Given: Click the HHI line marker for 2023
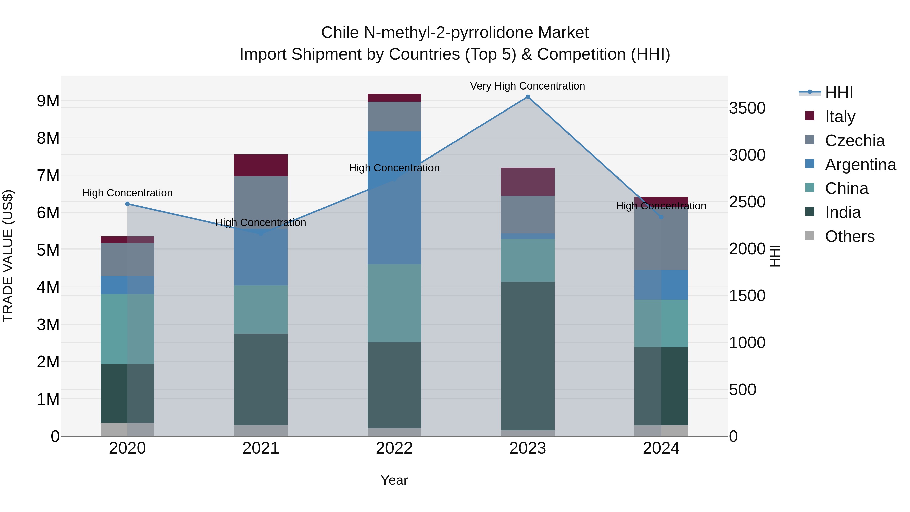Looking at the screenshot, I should click(x=527, y=97).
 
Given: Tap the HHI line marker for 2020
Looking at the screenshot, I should click(x=128, y=204).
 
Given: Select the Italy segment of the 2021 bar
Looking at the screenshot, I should click(x=261, y=165).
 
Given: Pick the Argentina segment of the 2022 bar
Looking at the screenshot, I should click(x=394, y=198).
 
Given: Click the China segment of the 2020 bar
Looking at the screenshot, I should click(x=128, y=329).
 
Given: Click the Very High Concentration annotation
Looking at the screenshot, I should click(x=527, y=86).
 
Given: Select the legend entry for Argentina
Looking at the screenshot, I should click(x=860, y=165).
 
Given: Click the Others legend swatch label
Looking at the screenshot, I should click(x=850, y=236).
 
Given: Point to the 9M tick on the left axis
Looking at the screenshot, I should click(x=48, y=101).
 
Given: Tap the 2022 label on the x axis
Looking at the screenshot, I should click(x=394, y=448).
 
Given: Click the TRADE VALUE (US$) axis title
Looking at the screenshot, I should click(x=8, y=256).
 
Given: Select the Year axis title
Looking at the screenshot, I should click(x=394, y=480).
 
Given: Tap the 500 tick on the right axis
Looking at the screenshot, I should click(x=743, y=390).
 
